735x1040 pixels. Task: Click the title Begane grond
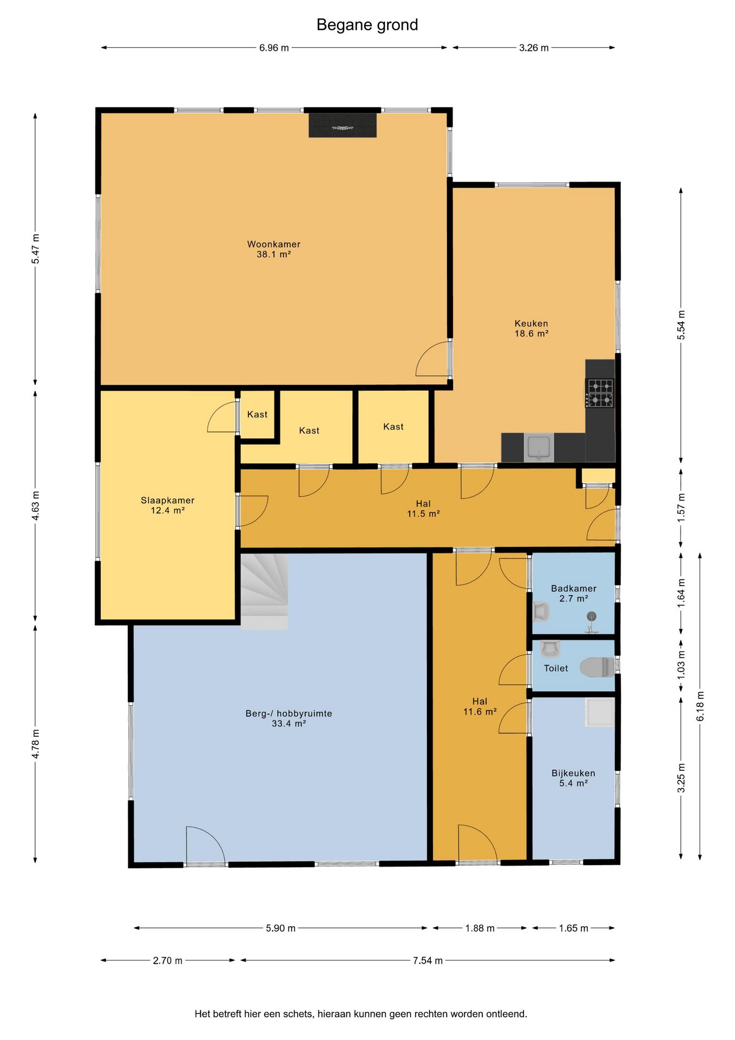point(367,25)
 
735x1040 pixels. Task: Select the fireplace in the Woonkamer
point(343,125)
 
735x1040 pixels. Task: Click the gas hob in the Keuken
point(600,393)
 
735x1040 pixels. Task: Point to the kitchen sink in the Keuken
point(539,447)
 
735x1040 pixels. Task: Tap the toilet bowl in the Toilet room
point(598,667)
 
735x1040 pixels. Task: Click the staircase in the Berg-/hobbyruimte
point(264,591)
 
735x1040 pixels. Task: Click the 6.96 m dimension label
point(274,48)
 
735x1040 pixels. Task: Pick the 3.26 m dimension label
point(534,48)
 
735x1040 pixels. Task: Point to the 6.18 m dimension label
point(700,706)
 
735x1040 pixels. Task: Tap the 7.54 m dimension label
point(428,960)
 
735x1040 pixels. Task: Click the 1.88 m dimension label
point(480,928)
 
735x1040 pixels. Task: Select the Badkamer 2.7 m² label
point(574,593)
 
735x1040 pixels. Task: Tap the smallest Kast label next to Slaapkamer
point(257,414)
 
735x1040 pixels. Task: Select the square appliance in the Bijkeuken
point(600,712)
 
